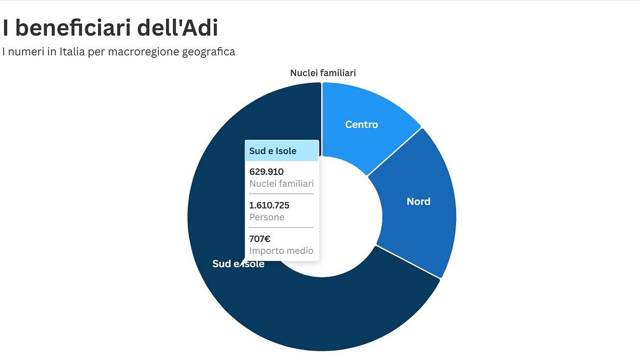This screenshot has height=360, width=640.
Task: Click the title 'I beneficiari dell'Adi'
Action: [x=110, y=28]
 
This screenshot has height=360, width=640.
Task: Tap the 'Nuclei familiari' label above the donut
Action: [x=323, y=73]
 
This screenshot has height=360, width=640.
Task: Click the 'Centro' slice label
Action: [x=362, y=125]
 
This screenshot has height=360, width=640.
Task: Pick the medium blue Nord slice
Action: [x=421, y=224]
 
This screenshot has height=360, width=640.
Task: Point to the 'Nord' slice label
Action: [x=418, y=202]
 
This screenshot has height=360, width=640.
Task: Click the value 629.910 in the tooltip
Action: [x=267, y=172]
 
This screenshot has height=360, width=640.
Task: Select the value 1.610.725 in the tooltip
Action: [x=269, y=205]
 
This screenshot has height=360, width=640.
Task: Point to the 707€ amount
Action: [x=260, y=239]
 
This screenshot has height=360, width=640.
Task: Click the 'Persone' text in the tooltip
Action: [x=267, y=218]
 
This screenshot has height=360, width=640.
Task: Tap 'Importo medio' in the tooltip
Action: [x=281, y=251]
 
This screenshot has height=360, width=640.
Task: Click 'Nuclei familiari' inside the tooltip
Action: [x=281, y=184]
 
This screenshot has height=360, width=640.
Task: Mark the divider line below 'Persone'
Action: [x=282, y=228]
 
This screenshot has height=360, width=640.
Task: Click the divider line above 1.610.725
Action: [x=282, y=194]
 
